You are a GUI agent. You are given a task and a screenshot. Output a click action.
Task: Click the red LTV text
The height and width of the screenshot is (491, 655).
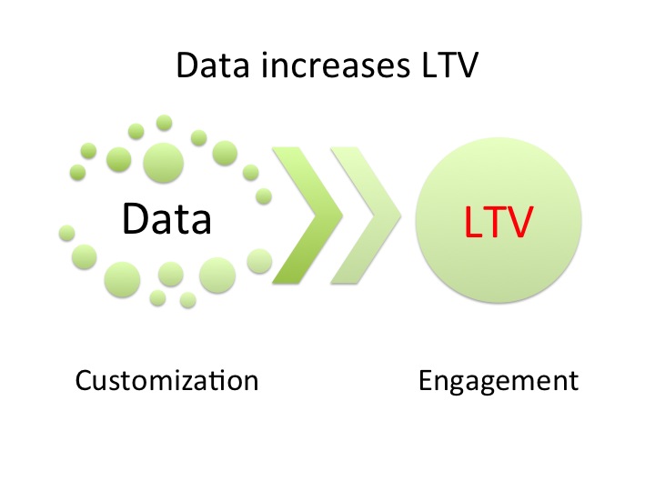click(x=497, y=223)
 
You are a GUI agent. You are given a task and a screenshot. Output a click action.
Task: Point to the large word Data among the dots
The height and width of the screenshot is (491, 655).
click(x=166, y=218)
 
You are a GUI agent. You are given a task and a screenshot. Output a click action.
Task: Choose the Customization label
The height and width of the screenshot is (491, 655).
click(x=166, y=379)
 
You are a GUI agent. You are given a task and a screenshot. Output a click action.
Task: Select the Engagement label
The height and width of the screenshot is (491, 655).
click(x=498, y=379)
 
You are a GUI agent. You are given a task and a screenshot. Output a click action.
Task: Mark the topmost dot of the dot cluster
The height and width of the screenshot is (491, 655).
click(x=164, y=122)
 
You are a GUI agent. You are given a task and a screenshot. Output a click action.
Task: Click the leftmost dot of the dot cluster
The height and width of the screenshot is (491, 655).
click(x=65, y=233)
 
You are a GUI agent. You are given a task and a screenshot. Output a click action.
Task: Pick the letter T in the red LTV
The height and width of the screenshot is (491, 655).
click(x=495, y=223)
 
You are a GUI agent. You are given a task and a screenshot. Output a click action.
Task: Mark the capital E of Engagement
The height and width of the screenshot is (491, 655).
click(x=425, y=379)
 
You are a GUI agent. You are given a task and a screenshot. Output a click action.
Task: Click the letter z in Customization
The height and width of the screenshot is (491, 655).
click(x=198, y=381)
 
